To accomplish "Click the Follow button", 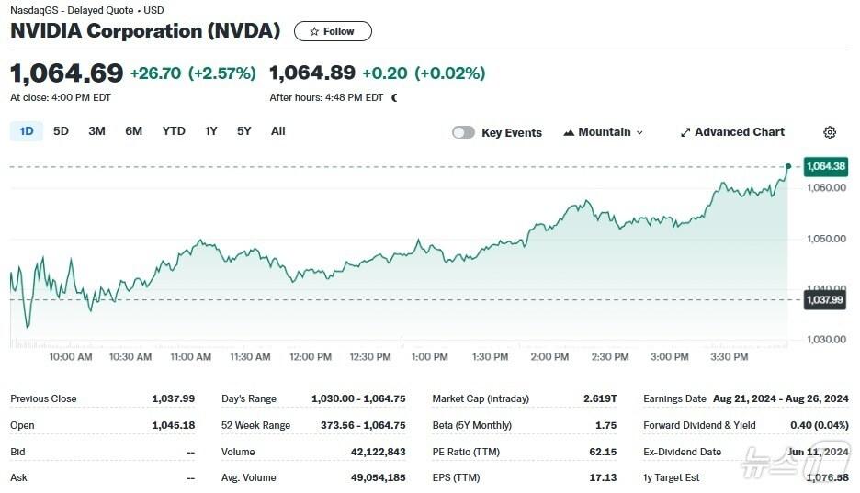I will click(333, 31).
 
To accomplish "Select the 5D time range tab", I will click(61, 131).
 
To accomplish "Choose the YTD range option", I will click(174, 131).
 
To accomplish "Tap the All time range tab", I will click(278, 131).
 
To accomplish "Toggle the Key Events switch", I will click(464, 132).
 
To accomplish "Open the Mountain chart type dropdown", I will click(604, 132).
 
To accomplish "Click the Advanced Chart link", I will click(732, 132).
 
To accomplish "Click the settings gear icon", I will click(830, 132).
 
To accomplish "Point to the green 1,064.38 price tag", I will click(825, 166).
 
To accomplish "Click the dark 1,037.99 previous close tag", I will click(824, 299).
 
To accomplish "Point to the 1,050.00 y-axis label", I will click(825, 239).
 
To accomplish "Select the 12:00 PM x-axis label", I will click(311, 356).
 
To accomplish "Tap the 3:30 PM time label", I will click(730, 356).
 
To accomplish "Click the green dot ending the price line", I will click(788, 166).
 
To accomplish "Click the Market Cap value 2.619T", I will click(600, 398).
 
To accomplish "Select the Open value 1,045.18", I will click(174, 425).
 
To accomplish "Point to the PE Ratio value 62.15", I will click(603, 452).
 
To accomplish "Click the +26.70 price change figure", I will click(156, 73).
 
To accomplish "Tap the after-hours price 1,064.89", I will click(311, 73).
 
